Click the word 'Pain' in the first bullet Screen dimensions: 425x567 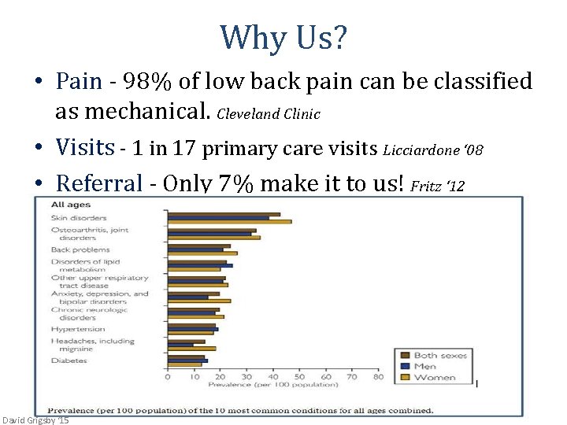79,81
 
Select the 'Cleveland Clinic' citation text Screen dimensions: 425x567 268,114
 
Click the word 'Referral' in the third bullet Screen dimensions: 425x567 98,183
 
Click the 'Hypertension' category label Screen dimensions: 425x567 78,328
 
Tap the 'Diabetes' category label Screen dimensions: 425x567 69,360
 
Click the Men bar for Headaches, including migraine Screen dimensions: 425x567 180,345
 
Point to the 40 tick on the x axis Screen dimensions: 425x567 272,377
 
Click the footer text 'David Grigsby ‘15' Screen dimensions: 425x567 36,420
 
